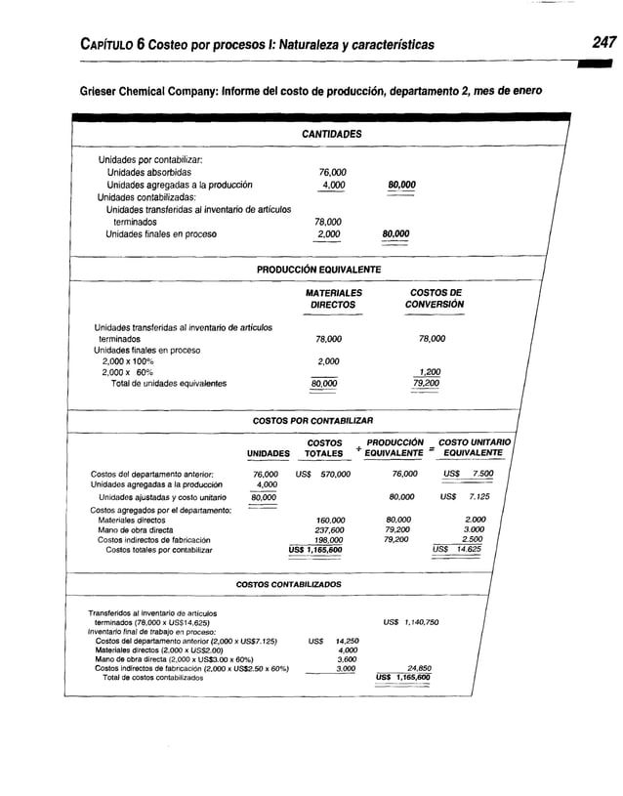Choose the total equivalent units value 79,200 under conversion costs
click(426, 384)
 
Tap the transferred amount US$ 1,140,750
click(410, 621)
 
